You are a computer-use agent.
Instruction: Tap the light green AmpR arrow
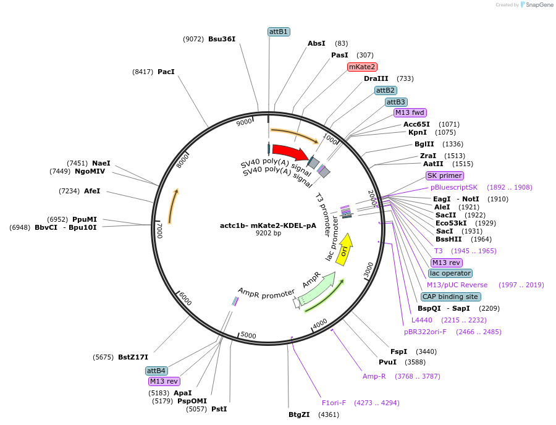pos(317,289)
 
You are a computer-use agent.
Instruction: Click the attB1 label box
pos(279,32)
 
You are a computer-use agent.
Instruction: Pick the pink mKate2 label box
pos(362,67)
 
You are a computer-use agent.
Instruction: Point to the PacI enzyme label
pos(166,72)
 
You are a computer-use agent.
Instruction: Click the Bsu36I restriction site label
pos(221,39)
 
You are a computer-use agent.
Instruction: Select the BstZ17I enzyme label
pos(133,357)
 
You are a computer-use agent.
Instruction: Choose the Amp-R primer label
pos(374,376)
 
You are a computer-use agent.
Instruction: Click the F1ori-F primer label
pos(334,403)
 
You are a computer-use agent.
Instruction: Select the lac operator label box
pos(450,273)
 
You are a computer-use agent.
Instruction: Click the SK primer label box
pos(444,175)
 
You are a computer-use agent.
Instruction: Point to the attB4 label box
pos(156,371)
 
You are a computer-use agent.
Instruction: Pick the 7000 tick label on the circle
pos(159,230)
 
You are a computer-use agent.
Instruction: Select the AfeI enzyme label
pos(91,191)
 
